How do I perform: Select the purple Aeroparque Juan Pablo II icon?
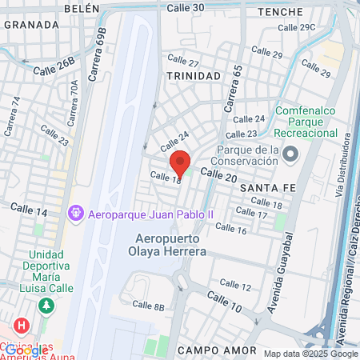click(x=76, y=214)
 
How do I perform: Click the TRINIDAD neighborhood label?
click(x=193, y=75)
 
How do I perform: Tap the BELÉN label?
click(x=80, y=7)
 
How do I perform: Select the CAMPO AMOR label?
click(x=217, y=350)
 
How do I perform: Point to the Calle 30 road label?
click(x=186, y=7)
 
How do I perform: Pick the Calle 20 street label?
click(x=218, y=174)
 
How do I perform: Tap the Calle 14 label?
click(x=29, y=210)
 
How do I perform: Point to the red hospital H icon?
click(x=22, y=327)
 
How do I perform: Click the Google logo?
click(x=26, y=350)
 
